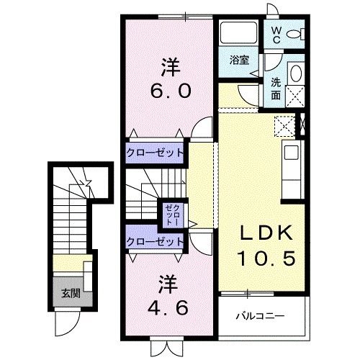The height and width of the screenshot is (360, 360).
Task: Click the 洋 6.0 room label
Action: click(x=170, y=80)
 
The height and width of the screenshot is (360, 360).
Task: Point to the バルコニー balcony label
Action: click(x=261, y=316)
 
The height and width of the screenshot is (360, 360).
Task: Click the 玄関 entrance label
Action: click(x=71, y=292)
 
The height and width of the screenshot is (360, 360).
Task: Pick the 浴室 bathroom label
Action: click(x=239, y=60)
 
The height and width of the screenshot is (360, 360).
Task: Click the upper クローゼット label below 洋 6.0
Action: click(x=155, y=153)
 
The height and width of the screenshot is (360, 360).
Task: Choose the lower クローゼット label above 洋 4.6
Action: click(x=155, y=241)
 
